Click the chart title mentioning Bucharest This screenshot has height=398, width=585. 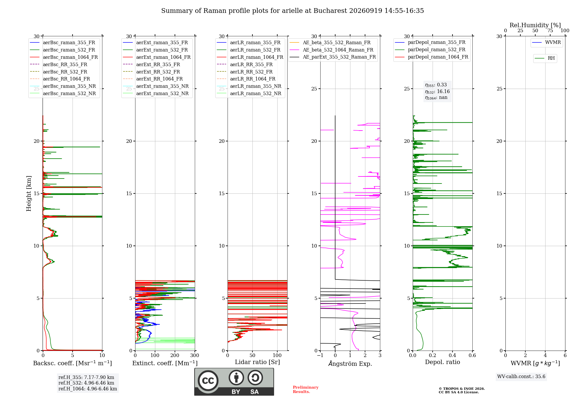click(x=292, y=11)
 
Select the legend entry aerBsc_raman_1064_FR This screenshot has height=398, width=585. click(x=64, y=57)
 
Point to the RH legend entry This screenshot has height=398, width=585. click(x=545, y=58)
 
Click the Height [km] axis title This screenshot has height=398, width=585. click(x=29, y=193)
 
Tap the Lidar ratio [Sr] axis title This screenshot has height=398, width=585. click(x=257, y=362)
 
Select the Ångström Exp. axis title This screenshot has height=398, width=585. click(x=350, y=363)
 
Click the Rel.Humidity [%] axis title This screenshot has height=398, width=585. click(x=535, y=25)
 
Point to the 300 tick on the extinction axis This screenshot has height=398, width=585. click(x=195, y=355)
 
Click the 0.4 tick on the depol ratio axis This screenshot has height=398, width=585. click(x=452, y=355)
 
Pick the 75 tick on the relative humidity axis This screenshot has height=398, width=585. click(x=550, y=30)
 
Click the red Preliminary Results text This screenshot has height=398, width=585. click(x=306, y=390)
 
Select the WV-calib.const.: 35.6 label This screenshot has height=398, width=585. click(x=521, y=376)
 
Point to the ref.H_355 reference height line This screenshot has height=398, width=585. click(x=86, y=377)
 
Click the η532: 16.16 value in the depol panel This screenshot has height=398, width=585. click(x=437, y=92)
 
